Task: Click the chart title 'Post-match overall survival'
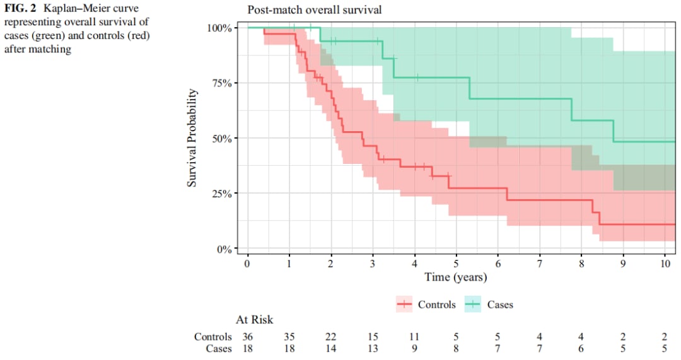point(314,10)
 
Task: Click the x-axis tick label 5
point(456,264)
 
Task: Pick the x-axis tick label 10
point(665,264)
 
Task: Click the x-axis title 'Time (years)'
point(455,277)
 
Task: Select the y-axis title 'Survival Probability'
point(192,137)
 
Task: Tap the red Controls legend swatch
point(404,305)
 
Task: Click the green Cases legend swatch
point(474,305)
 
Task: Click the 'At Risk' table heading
point(255,320)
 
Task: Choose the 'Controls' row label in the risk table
point(212,337)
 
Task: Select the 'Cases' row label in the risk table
point(219,349)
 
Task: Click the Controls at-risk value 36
point(248,337)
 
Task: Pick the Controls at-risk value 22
point(331,337)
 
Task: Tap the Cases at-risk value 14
point(331,349)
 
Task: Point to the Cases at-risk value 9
point(414,349)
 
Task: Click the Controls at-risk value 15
point(373,337)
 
